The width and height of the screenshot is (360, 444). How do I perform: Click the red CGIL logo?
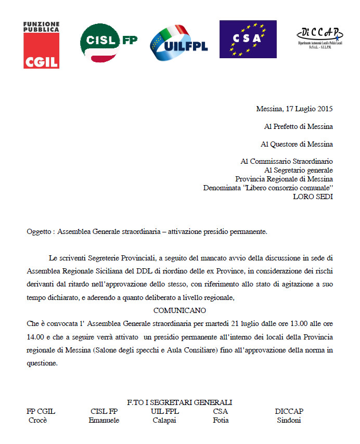click(41, 45)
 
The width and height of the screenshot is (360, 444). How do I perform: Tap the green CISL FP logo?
click(108, 44)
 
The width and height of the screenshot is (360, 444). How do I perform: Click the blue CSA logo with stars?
click(248, 39)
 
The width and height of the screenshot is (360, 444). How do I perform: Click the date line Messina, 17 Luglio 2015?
click(294, 109)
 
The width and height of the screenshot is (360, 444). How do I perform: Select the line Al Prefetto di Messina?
click(298, 126)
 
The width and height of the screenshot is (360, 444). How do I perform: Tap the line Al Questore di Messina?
click(297, 144)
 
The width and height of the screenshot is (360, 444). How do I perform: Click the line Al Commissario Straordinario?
click(287, 162)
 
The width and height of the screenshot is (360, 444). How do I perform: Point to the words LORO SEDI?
click(313, 197)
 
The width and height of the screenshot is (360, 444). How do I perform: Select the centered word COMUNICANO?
click(179, 310)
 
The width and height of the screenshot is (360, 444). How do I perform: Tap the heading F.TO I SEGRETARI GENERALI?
click(179, 402)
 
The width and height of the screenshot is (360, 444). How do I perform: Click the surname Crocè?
click(37, 421)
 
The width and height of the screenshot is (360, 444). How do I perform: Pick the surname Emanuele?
click(104, 421)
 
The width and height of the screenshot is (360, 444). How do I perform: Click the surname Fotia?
click(221, 421)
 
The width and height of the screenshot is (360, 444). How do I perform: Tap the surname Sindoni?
click(289, 421)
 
